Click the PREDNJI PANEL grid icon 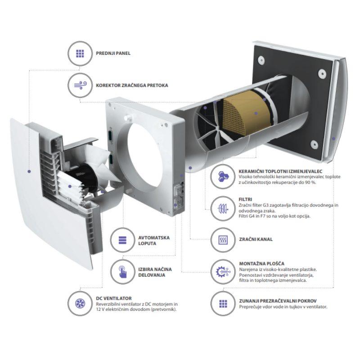[80, 54]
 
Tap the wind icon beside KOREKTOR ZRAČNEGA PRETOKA [80, 85]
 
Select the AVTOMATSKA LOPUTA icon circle [122, 240]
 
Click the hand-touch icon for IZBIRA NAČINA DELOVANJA [122, 272]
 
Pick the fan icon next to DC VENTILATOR [80, 303]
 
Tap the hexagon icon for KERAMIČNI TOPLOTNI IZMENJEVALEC [223, 176]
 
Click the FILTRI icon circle [223, 208]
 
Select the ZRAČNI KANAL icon [223, 240]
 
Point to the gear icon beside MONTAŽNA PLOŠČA [223, 272]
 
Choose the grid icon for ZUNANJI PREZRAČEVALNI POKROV [223, 303]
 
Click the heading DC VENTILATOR [114, 298]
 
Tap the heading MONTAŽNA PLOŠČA [262, 264]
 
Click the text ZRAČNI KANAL [256, 239]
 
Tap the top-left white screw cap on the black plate [261, 60]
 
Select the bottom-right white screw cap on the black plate [314, 144]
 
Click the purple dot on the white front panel [29, 171]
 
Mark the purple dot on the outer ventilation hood [333, 139]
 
